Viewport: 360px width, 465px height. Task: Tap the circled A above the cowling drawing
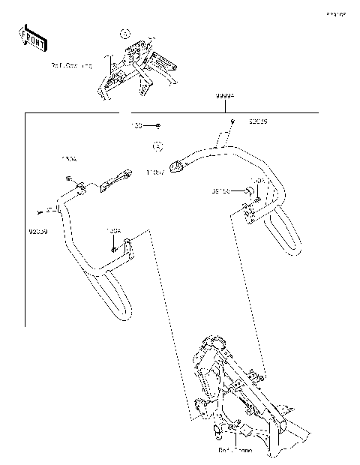click(x=125, y=33)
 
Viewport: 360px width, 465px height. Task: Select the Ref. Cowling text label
click(x=72, y=66)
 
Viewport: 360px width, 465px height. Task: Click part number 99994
click(x=226, y=97)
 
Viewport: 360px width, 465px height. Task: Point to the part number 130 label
click(x=137, y=126)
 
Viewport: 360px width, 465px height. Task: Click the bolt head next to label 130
click(x=158, y=126)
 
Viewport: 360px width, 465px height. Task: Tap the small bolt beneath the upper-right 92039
click(x=232, y=121)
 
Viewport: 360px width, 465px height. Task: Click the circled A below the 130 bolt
click(x=158, y=147)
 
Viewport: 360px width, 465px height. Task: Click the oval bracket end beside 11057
click(x=177, y=166)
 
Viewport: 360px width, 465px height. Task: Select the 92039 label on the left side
click(x=37, y=232)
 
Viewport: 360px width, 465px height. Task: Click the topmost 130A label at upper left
click(x=68, y=159)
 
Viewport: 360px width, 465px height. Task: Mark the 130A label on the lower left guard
click(x=113, y=231)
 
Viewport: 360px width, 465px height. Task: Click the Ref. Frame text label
click(x=235, y=451)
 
